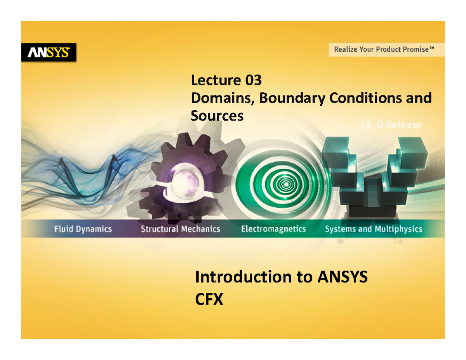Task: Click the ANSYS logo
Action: coord(49,52)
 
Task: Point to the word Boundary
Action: coord(292,99)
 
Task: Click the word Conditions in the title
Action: coord(366,98)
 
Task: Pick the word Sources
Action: coord(217,116)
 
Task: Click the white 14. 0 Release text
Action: coord(391,125)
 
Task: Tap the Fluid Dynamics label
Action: coord(83,229)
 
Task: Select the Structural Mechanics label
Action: coord(181,229)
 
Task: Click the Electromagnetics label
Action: coord(274,229)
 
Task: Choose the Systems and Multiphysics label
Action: coord(374,229)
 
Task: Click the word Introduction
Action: coord(243,277)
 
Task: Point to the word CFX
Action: coord(209,299)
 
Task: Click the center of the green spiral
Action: coord(286,184)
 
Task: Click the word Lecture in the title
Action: coord(216,80)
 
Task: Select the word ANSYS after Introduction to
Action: coord(343,277)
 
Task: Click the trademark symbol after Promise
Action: coord(432,48)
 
